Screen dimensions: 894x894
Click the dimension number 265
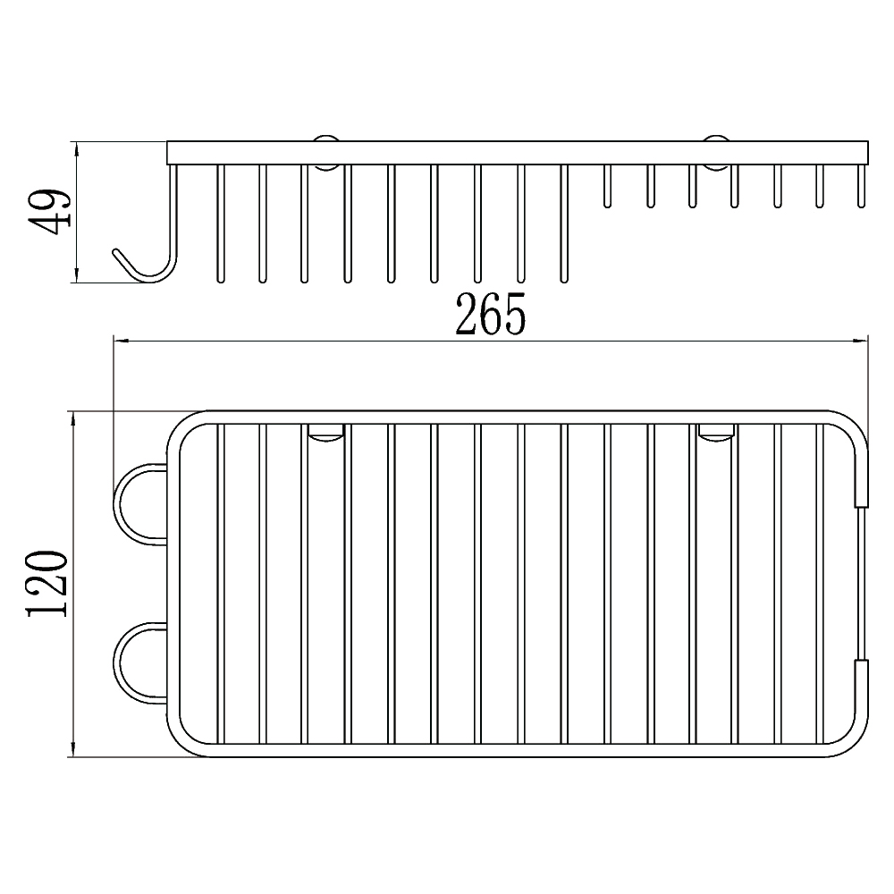point(490,314)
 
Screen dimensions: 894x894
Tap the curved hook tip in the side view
point(117,253)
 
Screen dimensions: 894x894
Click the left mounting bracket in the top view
point(326,432)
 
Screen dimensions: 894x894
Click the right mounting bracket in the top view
point(717,432)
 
